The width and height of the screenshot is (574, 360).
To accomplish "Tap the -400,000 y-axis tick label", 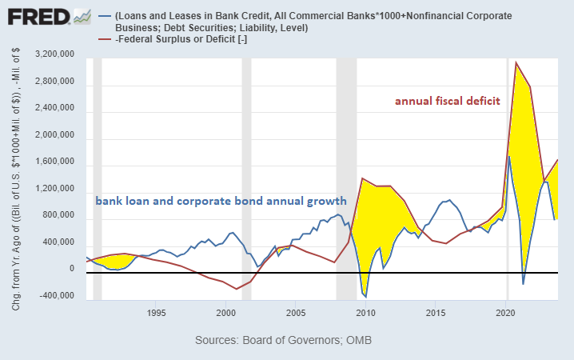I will coord(56,296).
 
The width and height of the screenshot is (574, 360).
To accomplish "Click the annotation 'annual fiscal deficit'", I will coord(448,102).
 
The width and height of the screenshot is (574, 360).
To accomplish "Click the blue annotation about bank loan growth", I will coord(221,201).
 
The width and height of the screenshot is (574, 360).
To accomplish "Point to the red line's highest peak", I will coord(516,62).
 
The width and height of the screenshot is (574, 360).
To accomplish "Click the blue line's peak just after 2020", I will coord(509,156).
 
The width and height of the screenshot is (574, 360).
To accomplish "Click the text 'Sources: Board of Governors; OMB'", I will coord(283,341).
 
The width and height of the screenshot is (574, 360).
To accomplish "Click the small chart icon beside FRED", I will coord(82,16).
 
